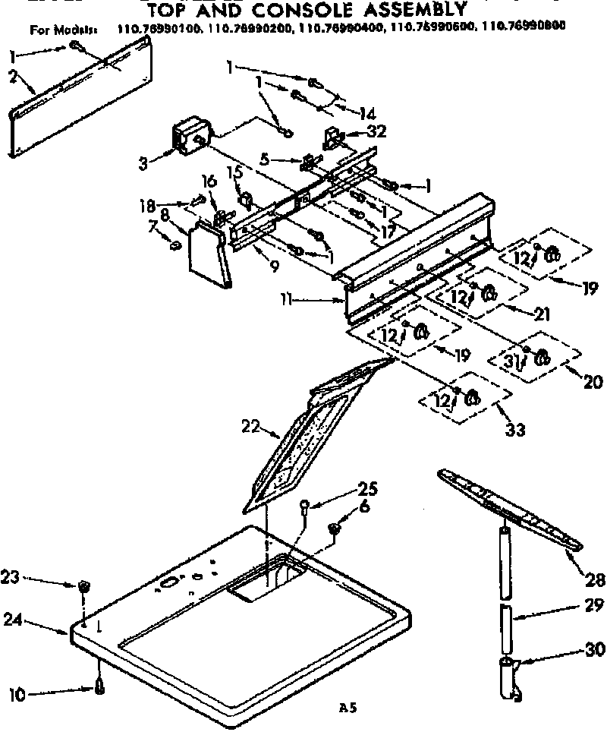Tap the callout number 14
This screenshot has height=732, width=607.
pyautogui.click(x=366, y=114)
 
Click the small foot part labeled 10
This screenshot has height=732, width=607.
pyautogui.click(x=99, y=687)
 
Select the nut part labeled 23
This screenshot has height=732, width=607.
pyautogui.click(x=83, y=586)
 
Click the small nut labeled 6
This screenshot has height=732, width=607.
pyautogui.click(x=333, y=528)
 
